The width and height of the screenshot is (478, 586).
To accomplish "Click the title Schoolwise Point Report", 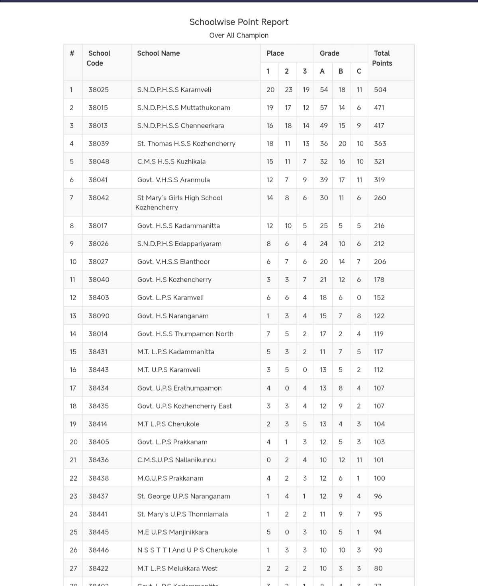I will click(x=239, y=22).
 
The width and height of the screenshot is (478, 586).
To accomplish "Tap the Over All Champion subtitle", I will click(x=239, y=36).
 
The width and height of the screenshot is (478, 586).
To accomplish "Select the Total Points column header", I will click(x=382, y=58).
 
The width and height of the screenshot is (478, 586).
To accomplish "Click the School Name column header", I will click(x=158, y=53).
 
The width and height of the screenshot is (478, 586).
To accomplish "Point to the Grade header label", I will click(x=329, y=53).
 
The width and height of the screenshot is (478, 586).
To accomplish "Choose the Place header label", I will click(x=275, y=53).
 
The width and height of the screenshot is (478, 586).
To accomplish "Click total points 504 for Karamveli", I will click(x=380, y=90).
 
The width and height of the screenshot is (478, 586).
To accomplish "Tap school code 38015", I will click(x=98, y=108).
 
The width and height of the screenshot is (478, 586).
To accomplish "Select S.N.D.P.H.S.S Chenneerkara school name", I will click(x=180, y=126).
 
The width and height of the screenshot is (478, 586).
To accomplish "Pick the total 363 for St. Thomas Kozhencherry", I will click(x=380, y=144).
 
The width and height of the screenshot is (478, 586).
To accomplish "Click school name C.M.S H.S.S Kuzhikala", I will click(x=171, y=162).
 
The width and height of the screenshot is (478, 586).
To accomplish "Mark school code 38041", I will click(x=98, y=180).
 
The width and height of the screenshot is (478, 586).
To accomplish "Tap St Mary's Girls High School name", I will click(x=179, y=203).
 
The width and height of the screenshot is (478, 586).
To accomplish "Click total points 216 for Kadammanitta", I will click(x=379, y=226).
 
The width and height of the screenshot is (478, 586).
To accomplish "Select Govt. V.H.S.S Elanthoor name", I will click(x=173, y=262).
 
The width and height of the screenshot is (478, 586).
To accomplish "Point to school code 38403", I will click(x=98, y=298).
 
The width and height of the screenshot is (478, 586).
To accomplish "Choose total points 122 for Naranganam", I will click(x=379, y=316).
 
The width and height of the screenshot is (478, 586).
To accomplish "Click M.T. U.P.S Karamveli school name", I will click(x=168, y=370).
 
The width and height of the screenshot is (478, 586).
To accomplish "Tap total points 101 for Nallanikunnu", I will click(x=379, y=460).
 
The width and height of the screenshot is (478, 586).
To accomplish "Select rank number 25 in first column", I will click(x=73, y=532).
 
